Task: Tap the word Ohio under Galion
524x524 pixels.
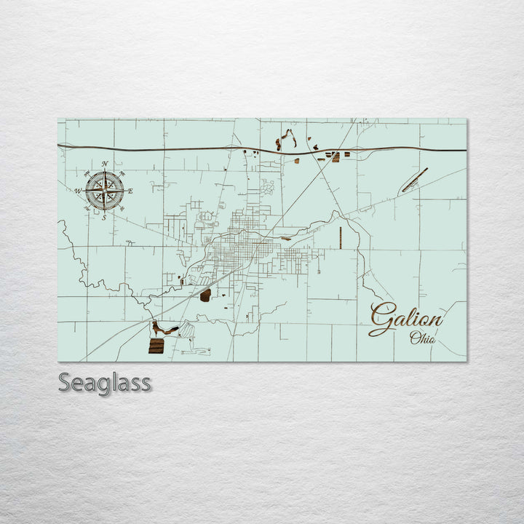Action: click(423, 338)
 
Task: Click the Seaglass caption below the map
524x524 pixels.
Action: click(105, 382)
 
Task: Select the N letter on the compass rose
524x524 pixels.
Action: click(105, 164)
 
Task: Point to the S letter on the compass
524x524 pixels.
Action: click(104, 217)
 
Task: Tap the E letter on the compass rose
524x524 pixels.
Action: click(131, 191)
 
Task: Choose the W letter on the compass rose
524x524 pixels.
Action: click(77, 191)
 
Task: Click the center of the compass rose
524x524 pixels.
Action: click(104, 190)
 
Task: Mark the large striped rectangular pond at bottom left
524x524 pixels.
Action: click(156, 346)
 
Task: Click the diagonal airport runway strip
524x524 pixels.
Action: click(415, 180)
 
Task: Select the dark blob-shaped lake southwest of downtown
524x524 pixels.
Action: click(205, 295)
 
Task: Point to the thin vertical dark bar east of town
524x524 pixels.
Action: click(341, 238)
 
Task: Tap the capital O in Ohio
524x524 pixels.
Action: click(415, 337)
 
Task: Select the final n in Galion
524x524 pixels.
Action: click(434, 319)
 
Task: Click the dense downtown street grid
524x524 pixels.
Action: click(244, 251)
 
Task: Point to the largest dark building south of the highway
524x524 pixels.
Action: click(336, 156)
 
